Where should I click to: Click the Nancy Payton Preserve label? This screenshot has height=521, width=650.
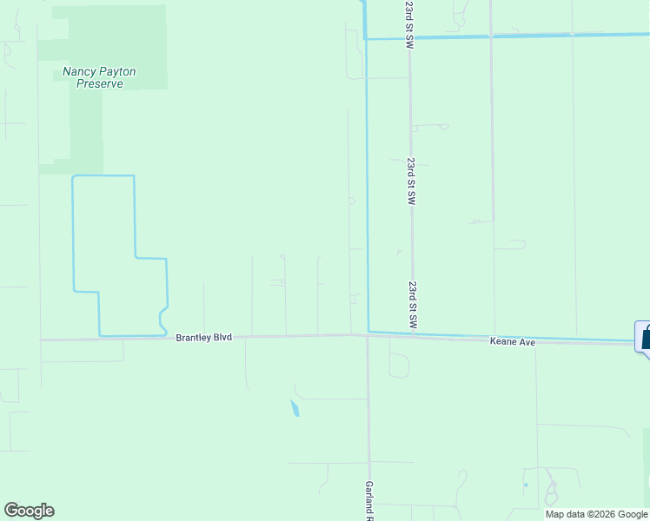tap(99, 77)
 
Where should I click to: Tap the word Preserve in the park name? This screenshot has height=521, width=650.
tap(98, 84)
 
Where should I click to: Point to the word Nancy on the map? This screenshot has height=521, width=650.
tap(79, 71)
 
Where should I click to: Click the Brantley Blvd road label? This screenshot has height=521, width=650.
tap(203, 337)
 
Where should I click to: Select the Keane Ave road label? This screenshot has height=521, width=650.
tap(512, 343)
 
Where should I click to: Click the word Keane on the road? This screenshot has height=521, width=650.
tap(503, 343)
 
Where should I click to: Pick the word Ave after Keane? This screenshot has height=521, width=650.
tap(526, 343)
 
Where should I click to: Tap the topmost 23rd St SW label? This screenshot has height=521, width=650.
tap(409, 23)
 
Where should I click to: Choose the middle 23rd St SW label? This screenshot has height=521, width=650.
tap(410, 181)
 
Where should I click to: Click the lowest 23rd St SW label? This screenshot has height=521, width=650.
tap(413, 304)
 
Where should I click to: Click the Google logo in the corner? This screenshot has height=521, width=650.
tap(29, 511)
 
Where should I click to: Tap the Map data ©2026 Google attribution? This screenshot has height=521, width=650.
tap(596, 514)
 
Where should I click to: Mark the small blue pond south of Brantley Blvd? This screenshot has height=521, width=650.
tap(295, 408)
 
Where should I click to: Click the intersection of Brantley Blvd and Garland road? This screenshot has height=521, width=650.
tap(368, 335)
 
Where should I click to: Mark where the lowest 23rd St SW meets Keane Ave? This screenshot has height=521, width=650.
tap(413, 336)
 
